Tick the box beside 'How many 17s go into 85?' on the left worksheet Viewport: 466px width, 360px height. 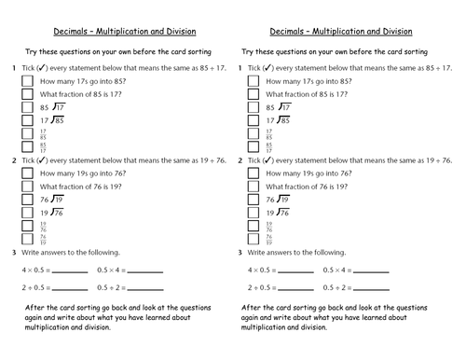[x=26, y=82]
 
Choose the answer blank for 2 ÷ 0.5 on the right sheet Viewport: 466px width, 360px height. [x=300, y=288]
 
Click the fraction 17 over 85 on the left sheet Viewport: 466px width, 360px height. [x=44, y=133]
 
